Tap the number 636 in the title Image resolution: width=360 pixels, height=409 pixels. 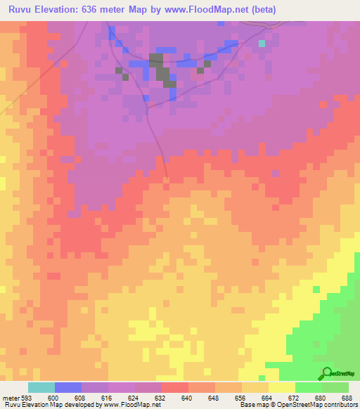click(x=97, y=10)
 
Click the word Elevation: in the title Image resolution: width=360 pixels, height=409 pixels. click(x=59, y=10)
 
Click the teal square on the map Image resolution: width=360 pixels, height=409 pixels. click(x=262, y=44)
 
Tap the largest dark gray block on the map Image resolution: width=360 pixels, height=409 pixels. click(x=161, y=70)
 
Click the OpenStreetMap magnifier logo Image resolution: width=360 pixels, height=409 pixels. click(x=326, y=373)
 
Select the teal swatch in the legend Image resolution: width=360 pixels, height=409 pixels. click(x=41, y=387)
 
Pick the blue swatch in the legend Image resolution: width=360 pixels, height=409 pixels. click(x=68, y=387)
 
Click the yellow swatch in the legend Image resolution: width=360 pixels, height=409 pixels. click(x=281, y=387)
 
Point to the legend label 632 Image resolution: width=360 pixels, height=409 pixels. click(x=161, y=397)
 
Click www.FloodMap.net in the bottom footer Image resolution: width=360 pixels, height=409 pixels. click(x=133, y=405)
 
